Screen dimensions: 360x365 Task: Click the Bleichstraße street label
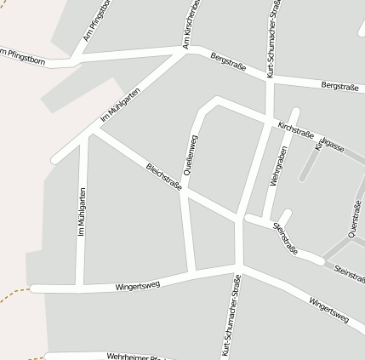point(164,175)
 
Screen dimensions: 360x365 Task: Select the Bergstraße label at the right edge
point(340,86)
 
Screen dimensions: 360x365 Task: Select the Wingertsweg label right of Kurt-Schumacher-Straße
point(328,309)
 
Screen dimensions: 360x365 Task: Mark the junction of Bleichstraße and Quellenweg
point(186,194)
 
